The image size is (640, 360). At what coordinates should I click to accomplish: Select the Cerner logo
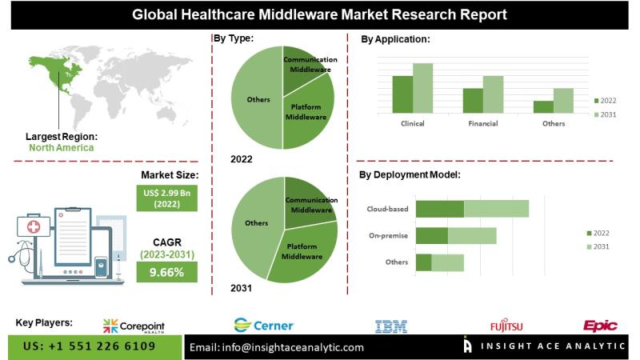[264, 325]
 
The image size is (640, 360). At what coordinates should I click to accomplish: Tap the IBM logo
[391, 326]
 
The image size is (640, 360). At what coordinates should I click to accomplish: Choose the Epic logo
[599, 325]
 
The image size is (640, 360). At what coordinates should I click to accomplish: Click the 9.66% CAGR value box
[166, 272]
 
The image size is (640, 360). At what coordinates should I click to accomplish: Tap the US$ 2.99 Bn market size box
[166, 197]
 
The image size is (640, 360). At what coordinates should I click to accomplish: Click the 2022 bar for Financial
[473, 100]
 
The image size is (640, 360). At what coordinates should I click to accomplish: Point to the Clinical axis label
[412, 124]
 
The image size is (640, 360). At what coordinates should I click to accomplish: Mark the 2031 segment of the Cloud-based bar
[496, 209]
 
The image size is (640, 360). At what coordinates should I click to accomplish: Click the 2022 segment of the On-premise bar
[432, 235]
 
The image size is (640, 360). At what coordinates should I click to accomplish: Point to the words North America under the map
[61, 147]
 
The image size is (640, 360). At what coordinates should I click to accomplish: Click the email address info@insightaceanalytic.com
[277, 347]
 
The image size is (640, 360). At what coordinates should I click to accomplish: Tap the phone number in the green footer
[90, 346]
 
